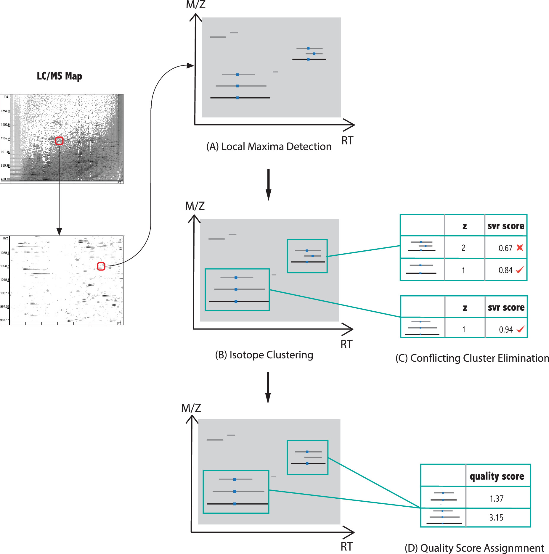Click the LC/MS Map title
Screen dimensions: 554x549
(x=59, y=76)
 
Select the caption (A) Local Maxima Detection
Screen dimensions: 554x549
(x=269, y=146)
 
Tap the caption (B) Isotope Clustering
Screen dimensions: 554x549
(x=264, y=355)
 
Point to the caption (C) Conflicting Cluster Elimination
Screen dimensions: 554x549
(x=472, y=358)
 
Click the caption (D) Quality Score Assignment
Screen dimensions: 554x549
(x=474, y=548)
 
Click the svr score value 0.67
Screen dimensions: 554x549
(x=505, y=248)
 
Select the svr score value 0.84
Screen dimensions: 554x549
(x=505, y=270)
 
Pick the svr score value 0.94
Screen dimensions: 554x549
(x=506, y=330)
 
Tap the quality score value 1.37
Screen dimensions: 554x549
(x=497, y=499)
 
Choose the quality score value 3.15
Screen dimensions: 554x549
(x=496, y=518)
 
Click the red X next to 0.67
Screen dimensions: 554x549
(x=520, y=247)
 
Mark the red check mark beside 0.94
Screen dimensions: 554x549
(x=521, y=329)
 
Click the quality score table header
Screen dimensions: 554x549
(x=497, y=476)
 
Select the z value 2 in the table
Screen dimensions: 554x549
(x=463, y=248)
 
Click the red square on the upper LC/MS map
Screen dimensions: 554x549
(x=59, y=141)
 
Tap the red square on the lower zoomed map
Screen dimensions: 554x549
(x=101, y=266)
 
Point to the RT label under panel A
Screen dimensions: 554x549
(x=347, y=141)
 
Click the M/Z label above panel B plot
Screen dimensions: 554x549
(x=195, y=206)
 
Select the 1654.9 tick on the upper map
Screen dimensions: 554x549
(x=5, y=111)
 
